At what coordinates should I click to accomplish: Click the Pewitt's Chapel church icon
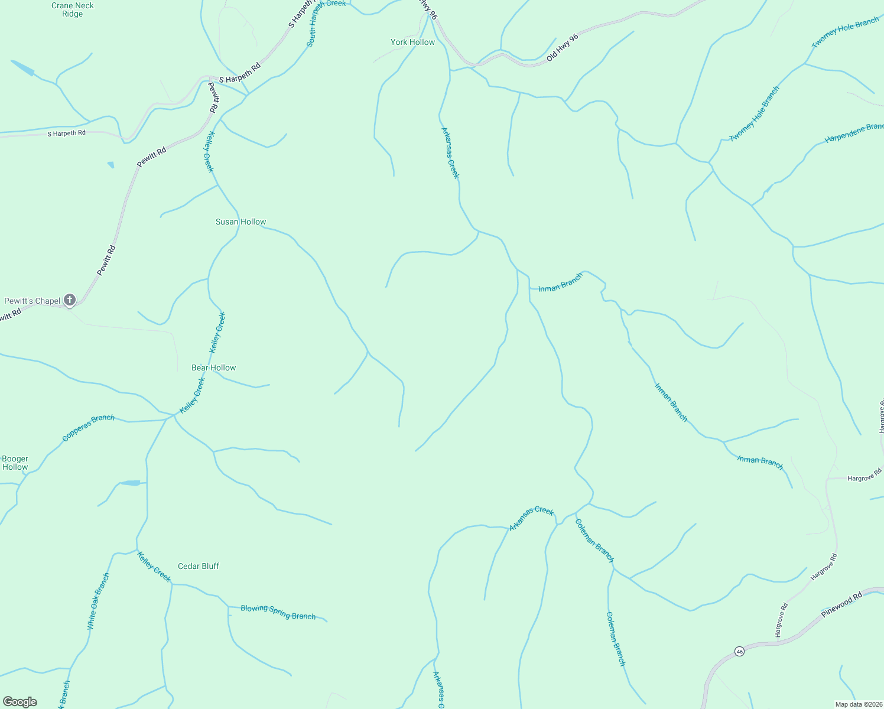click(x=70, y=300)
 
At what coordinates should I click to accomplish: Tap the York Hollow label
click(x=412, y=42)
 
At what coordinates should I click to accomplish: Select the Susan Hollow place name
click(x=240, y=222)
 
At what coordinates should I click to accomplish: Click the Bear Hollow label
click(x=213, y=367)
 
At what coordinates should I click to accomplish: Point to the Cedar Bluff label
click(x=199, y=566)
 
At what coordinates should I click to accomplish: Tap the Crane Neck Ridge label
click(x=73, y=9)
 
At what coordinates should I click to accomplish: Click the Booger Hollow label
click(x=15, y=463)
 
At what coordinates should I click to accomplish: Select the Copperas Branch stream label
click(x=89, y=427)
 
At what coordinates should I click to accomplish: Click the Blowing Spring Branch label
click(x=278, y=612)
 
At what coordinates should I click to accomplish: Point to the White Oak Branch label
click(x=98, y=601)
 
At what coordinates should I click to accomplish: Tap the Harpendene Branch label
click(x=854, y=134)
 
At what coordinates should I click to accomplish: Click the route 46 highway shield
click(x=739, y=651)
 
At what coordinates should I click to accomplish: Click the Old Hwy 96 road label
click(x=562, y=47)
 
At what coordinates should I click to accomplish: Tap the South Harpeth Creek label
click(x=326, y=24)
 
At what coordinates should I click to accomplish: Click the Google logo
click(x=20, y=702)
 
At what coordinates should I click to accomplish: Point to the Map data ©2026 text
click(x=858, y=704)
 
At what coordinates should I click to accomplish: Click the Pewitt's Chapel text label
click(x=32, y=301)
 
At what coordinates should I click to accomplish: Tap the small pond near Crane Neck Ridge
click(x=22, y=68)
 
